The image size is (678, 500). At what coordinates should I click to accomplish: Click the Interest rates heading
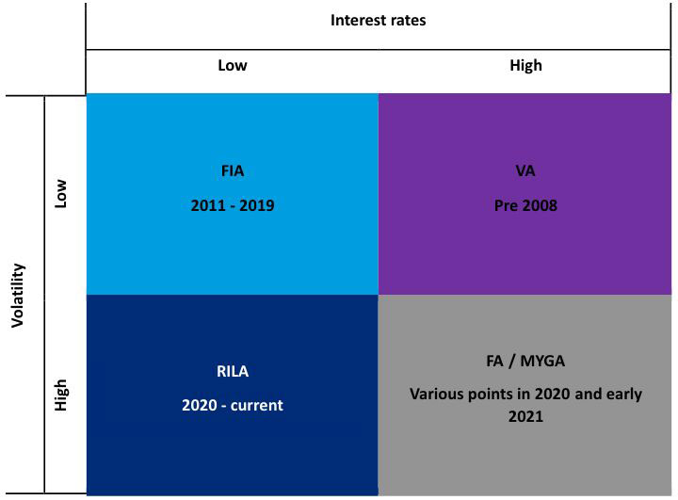pos(378,21)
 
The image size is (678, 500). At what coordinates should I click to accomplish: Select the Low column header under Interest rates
pos(233,65)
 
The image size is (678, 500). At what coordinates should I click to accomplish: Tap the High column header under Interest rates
pos(525,66)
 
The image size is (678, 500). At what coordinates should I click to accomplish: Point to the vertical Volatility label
pos(18,296)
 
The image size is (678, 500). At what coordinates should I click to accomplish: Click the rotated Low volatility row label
pos(60,194)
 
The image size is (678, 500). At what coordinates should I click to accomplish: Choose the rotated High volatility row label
pos(61,395)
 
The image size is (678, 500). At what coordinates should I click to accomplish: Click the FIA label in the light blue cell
pos(233,170)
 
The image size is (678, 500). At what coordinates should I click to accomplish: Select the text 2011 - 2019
pos(233,205)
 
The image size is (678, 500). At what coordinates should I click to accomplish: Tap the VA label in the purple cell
pos(525,170)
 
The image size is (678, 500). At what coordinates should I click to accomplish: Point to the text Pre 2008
pos(525,205)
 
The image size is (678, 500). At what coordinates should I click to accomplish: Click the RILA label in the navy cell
pos(233,372)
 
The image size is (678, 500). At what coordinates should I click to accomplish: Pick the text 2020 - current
pos(233,405)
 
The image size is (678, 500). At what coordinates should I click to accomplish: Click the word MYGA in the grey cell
pos(542,362)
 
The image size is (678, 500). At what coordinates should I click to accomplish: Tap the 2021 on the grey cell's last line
pos(525,416)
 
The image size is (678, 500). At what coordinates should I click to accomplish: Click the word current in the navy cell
pos(257,406)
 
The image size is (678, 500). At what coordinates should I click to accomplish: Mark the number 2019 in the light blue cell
pos(257,205)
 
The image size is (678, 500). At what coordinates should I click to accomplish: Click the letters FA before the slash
pos(494,362)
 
